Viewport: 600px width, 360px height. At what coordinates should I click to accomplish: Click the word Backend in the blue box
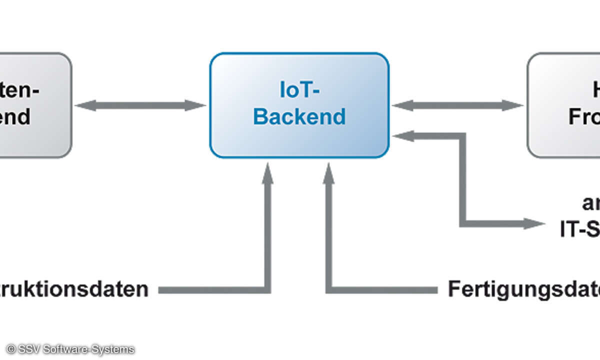[x=299, y=116]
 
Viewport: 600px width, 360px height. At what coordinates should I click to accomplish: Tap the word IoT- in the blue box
[x=299, y=91]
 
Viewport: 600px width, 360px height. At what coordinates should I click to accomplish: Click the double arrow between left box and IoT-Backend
[x=140, y=105]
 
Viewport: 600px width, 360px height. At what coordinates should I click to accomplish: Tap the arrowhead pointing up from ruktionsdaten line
[x=268, y=172]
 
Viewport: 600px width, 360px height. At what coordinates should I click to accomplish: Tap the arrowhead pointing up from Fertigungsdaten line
[x=328, y=172]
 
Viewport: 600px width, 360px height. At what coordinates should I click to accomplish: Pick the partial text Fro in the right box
[x=584, y=117]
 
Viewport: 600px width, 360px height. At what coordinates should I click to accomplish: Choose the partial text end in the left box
[x=15, y=117]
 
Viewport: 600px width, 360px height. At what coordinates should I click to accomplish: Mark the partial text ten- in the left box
[x=20, y=91]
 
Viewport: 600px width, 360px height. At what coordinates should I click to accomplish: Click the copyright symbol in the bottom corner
[x=10, y=349]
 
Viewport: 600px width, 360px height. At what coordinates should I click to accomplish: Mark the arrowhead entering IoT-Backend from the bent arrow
[x=403, y=135]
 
